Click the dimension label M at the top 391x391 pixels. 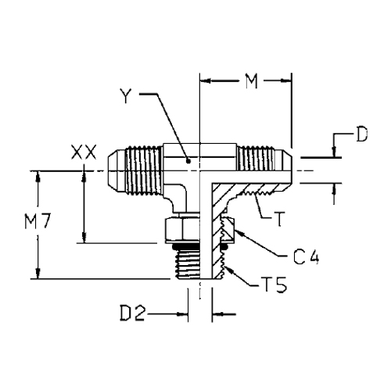(x=252, y=81)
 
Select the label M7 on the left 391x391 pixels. (x=38, y=221)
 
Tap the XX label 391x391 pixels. (x=84, y=152)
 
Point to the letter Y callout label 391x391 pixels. (x=126, y=95)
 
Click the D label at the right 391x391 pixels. (x=362, y=135)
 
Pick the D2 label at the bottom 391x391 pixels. (x=132, y=314)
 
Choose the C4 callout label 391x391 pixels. (x=306, y=256)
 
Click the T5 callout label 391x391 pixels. (x=274, y=285)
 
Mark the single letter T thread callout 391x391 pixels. (x=279, y=220)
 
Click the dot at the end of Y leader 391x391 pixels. (x=188, y=161)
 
